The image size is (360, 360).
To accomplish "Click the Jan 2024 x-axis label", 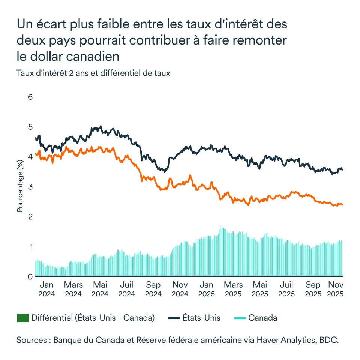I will point(46,289).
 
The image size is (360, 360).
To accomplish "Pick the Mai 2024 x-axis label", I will point(100,289).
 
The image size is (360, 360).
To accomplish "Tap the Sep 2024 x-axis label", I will point(153,289).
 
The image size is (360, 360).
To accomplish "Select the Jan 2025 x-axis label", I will point(207,289).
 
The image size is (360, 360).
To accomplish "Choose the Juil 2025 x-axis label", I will point(287,289).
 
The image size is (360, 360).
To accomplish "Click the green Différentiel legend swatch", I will point(23,318).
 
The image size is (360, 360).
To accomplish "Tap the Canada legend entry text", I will point(263,318).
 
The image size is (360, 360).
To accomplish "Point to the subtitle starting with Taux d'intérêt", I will point(93,73).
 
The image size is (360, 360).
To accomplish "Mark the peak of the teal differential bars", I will point(220,226).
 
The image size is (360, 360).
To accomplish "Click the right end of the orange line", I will point(342,205).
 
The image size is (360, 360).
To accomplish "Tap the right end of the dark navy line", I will point(342,170).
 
